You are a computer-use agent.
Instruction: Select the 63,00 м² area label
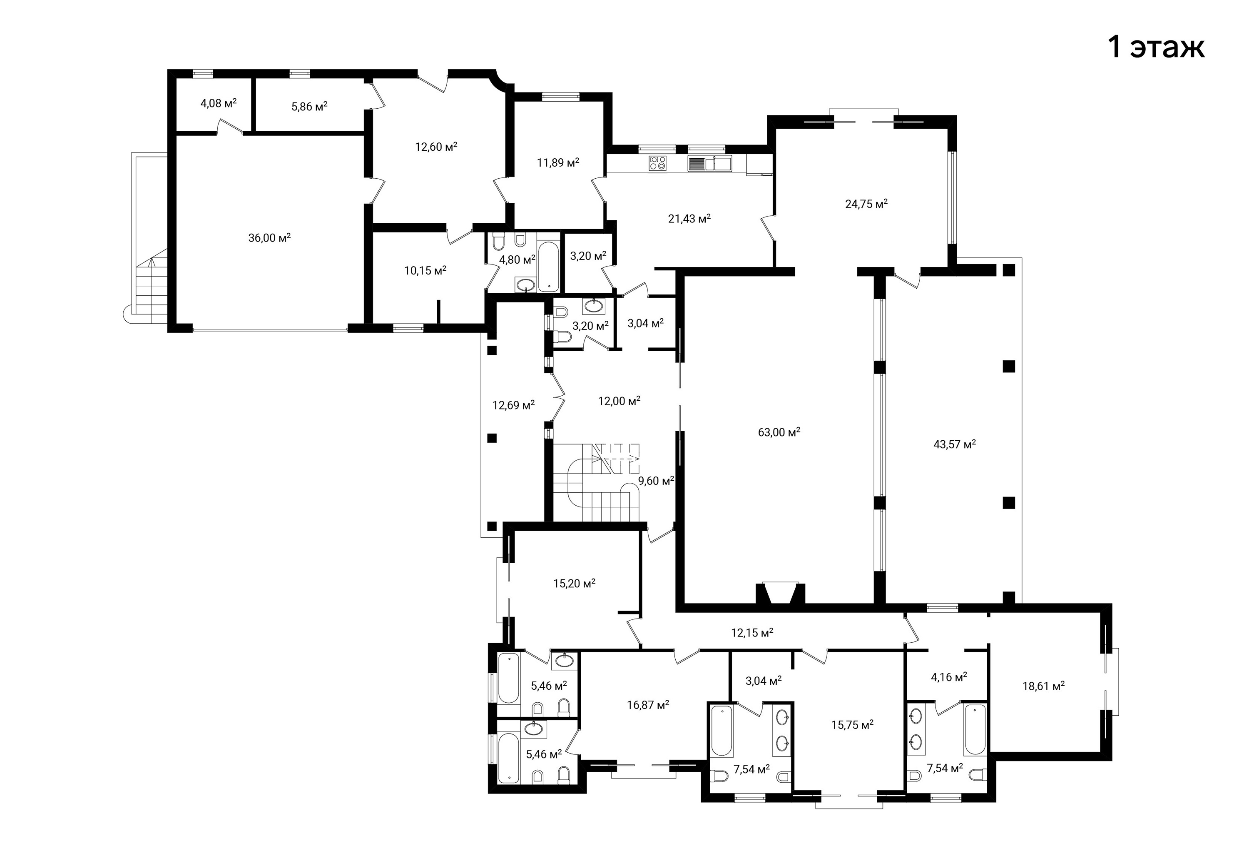[779, 432]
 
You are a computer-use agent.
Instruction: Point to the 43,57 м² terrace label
[955, 444]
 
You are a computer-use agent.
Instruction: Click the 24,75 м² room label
[866, 204]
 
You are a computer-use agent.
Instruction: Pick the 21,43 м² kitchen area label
[689, 218]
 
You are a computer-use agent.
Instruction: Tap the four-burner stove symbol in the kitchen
[658, 163]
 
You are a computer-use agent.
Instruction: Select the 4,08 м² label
[219, 103]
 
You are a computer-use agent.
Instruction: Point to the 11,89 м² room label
[558, 162]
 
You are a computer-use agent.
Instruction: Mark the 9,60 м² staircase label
[656, 481]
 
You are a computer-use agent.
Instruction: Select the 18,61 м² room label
[1043, 686]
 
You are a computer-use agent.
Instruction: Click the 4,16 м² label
[949, 676]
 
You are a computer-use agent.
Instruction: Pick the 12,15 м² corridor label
[752, 632]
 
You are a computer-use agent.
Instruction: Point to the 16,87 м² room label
[648, 704]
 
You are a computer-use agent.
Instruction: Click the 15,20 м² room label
[574, 583]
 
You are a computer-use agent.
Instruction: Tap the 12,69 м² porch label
[513, 405]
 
